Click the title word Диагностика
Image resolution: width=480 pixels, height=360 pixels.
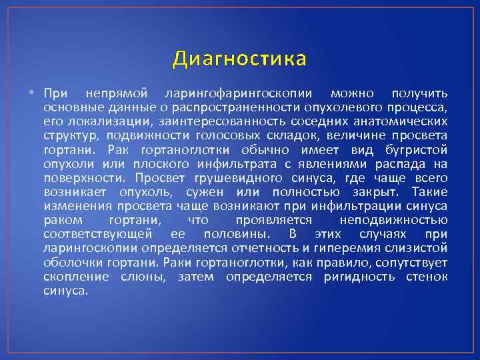click(240, 59)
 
